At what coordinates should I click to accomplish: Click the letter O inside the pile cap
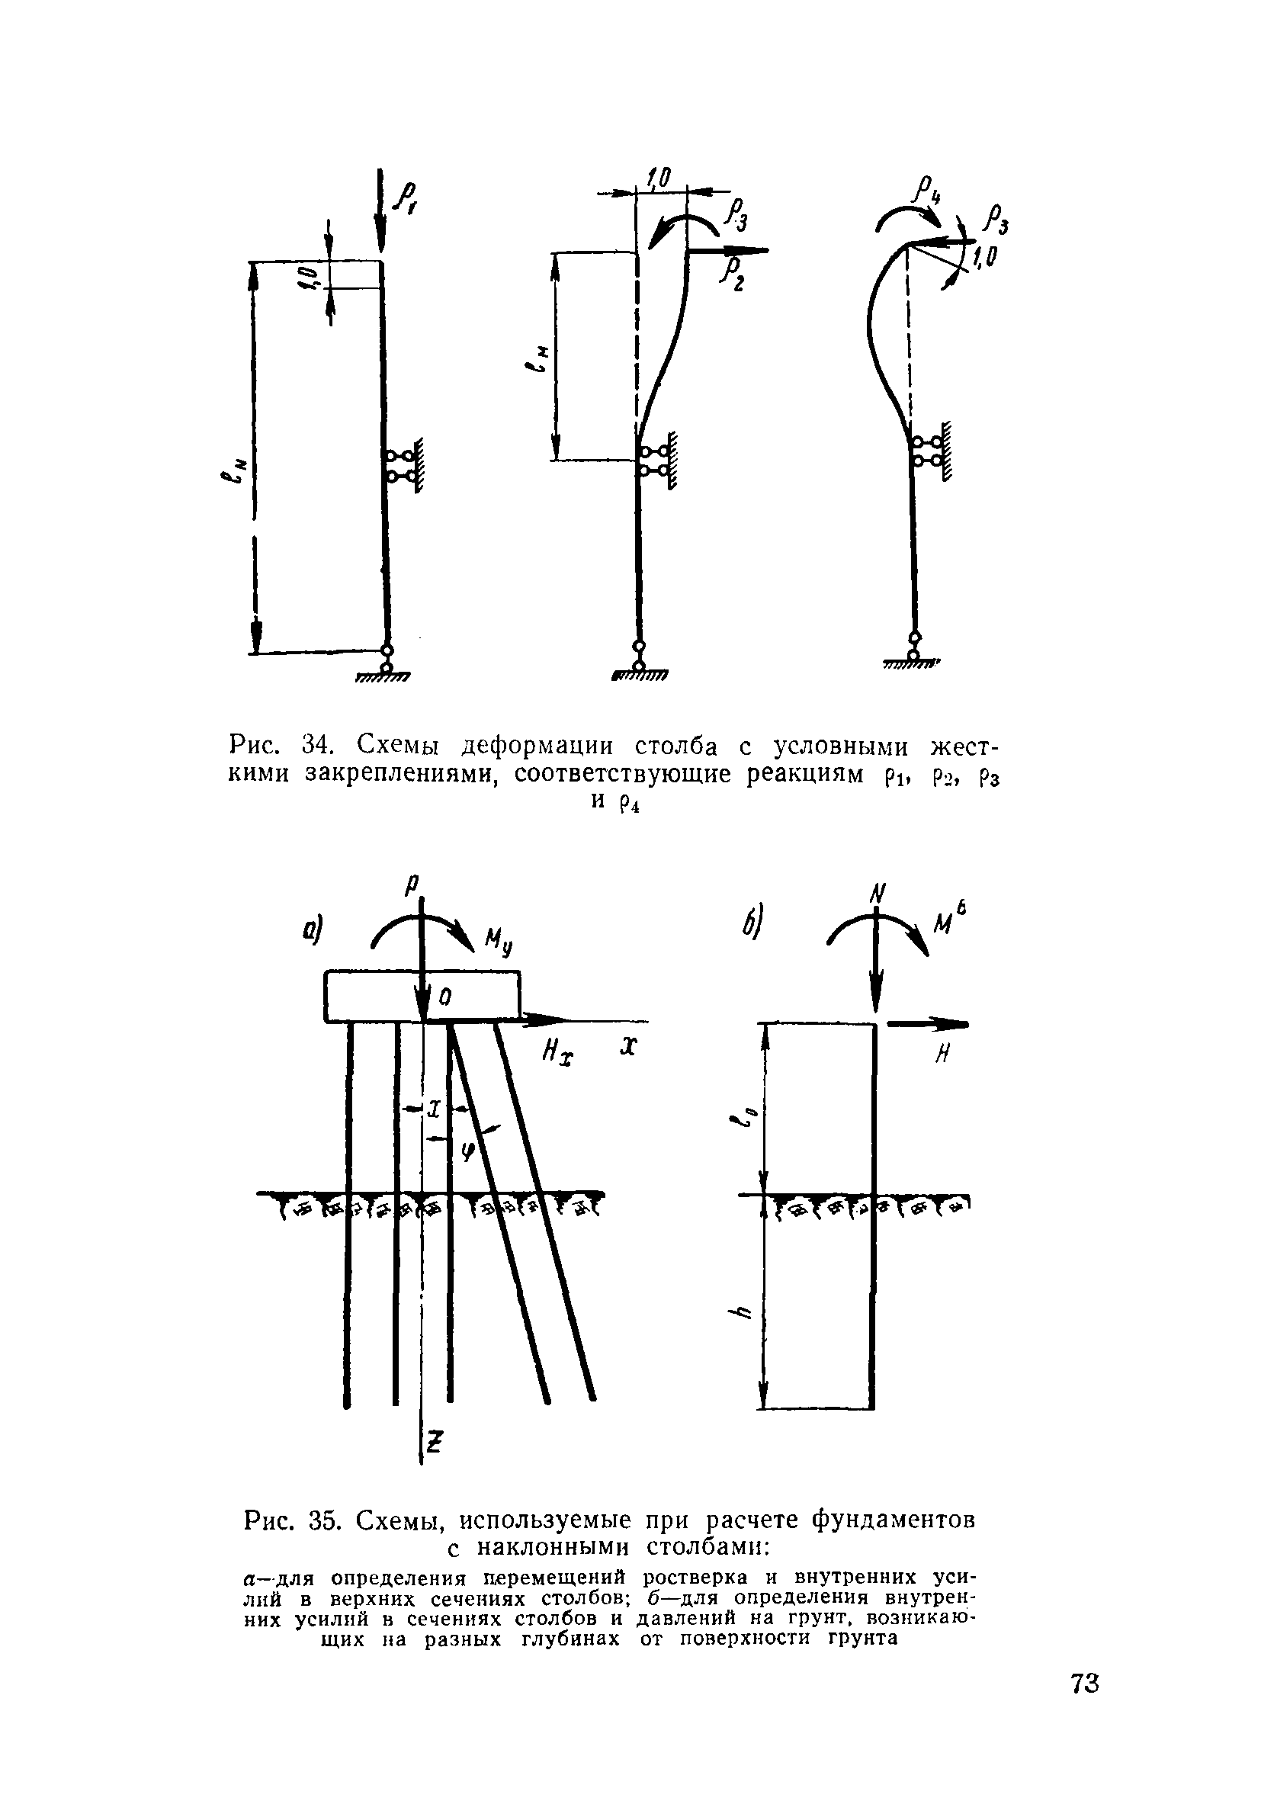pyautogui.click(x=444, y=997)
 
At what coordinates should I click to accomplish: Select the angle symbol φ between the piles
pyautogui.click(x=468, y=1151)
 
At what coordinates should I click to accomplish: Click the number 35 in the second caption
pyautogui.click(x=323, y=1520)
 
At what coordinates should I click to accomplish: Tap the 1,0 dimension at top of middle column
pyautogui.click(x=657, y=180)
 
